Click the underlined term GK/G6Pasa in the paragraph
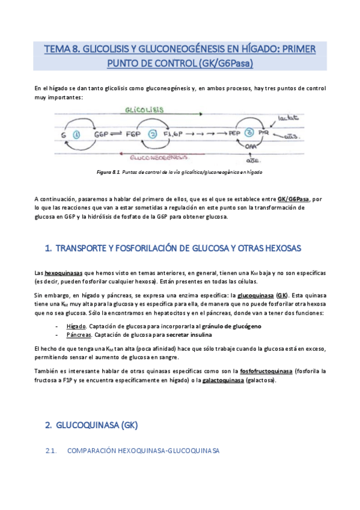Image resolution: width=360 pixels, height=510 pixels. pyautogui.click(x=293, y=199)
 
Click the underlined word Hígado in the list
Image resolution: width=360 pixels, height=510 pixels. pyautogui.click(x=76, y=326)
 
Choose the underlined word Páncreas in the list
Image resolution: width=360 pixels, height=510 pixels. pyautogui.click(x=80, y=334)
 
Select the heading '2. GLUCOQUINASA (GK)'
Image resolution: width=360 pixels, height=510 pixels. pyautogui.click(x=92, y=425)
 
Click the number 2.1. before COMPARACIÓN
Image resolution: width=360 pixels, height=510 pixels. pyautogui.click(x=50, y=450)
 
